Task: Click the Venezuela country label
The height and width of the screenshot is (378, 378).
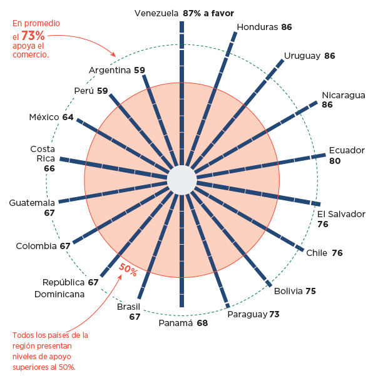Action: pyautogui.click(x=157, y=13)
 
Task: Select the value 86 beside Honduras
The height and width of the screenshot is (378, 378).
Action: pyautogui.click(x=287, y=27)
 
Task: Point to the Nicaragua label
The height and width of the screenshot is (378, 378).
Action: pyautogui.click(x=344, y=95)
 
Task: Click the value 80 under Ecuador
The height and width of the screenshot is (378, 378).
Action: pyautogui.click(x=335, y=161)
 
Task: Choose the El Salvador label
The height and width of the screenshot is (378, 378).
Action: pyautogui.click(x=341, y=214)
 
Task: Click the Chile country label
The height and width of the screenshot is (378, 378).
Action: pyautogui.click(x=317, y=253)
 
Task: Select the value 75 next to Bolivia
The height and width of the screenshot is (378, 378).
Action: pyautogui.click(x=310, y=291)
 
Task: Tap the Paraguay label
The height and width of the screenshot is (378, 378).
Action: pyautogui.click(x=247, y=314)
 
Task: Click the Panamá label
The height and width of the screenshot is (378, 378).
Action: pyautogui.click(x=176, y=324)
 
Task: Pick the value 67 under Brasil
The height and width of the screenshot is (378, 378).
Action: pyautogui.click(x=135, y=317)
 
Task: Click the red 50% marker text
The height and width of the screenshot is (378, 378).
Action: pyautogui.click(x=128, y=270)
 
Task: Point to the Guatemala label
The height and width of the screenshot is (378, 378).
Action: pyautogui.click(x=32, y=203)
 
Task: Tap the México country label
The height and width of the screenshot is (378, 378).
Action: pyautogui.click(x=44, y=118)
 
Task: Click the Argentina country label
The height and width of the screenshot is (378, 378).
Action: pyautogui.click(x=110, y=70)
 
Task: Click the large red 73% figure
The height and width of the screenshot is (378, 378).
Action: pyautogui.click(x=33, y=36)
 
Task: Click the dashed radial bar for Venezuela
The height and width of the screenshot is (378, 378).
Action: pyautogui.click(x=181, y=94)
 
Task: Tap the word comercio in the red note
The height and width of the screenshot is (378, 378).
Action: pyautogui.click(x=31, y=54)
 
